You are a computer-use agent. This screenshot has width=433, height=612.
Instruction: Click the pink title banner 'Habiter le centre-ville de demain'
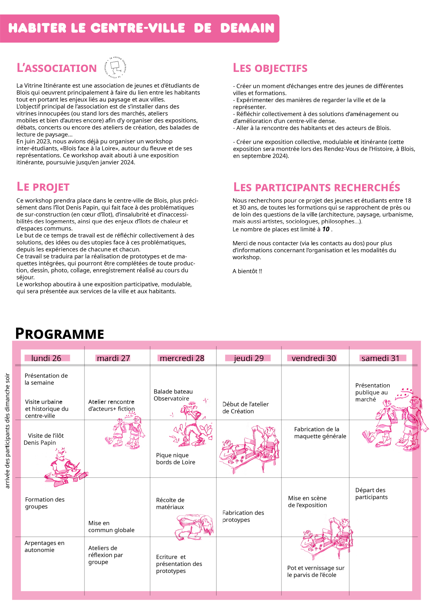pos(140,28)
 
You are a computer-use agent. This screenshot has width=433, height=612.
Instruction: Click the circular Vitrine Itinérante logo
pos(115,67)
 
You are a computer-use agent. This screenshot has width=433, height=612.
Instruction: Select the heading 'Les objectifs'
pos(270,68)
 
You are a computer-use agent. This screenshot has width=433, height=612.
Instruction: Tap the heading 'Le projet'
pos(43,187)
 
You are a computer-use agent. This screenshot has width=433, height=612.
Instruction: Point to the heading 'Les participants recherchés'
pos(316,187)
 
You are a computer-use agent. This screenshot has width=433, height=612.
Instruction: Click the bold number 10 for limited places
pos(325,229)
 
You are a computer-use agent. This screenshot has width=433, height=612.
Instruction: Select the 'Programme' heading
pos(60,334)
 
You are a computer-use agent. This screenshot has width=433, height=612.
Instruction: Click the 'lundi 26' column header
pos(46,358)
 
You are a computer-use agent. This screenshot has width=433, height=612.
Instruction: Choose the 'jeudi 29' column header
pos(249,358)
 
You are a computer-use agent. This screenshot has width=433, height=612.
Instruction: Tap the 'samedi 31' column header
pos(380,358)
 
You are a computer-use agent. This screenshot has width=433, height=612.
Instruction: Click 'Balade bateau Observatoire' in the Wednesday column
pos(173,395)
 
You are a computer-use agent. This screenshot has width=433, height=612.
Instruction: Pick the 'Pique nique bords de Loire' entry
pos(175,459)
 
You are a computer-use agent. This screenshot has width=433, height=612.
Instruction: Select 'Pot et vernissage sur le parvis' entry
pos(316,572)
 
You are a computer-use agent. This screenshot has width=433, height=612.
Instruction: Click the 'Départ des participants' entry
pos(371,494)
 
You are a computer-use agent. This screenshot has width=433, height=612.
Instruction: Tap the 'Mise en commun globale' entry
pos(111,527)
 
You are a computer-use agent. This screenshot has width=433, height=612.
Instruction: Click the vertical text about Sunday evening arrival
pos(7,431)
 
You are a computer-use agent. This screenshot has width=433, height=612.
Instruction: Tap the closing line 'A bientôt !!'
pos(247,271)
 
